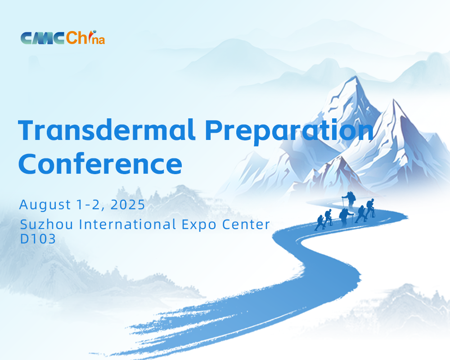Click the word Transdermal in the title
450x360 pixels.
point(107,130)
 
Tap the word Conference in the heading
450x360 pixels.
point(100,163)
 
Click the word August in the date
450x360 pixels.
point(45,205)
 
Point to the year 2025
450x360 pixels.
point(128,205)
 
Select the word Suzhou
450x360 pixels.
point(46,224)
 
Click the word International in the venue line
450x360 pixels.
point(127,224)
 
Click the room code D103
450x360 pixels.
point(38,239)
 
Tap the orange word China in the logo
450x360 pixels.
point(85,38)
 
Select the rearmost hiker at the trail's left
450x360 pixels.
point(319,223)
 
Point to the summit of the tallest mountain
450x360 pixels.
point(356,76)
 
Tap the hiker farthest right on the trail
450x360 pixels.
point(370,208)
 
